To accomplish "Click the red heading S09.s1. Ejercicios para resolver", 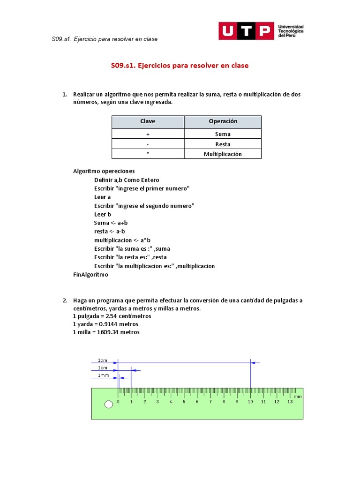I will click(180, 66).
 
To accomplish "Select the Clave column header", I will click(148, 121).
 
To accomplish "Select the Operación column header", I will click(223, 121).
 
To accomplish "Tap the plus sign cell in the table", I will click(148, 134).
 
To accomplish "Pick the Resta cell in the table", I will click(223, 144).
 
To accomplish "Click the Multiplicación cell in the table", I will click(223, 154).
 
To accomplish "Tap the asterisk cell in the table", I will click(148, 154).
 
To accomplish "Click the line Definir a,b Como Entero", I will click(127, 180).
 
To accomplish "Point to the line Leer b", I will click(102, 215).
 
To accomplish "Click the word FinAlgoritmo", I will click(90, 275).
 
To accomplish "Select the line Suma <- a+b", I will click(111, 223).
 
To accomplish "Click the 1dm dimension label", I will click(102, 360).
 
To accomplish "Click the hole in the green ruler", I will click(109, 405).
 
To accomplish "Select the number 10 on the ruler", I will click(250, 402).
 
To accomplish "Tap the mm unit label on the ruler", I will click(298, 397).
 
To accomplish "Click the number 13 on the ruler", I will click(290, 402).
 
